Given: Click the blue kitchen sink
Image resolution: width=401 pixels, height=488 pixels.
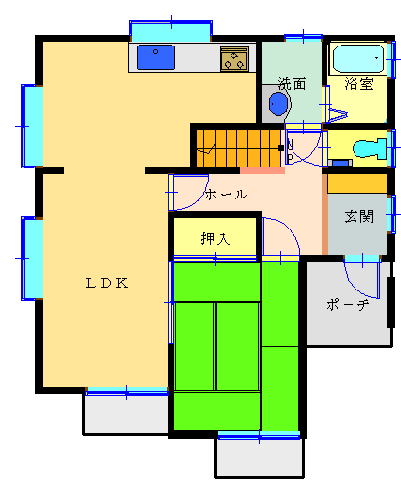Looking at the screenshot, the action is point(156,57).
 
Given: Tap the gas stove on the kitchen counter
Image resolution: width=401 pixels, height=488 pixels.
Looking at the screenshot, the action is point(234,59).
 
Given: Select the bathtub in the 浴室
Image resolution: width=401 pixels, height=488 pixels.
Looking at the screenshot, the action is point(358,58).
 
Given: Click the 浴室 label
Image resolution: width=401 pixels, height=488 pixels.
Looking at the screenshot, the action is point(358,84).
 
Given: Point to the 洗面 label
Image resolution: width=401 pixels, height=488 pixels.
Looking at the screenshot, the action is point(292,84).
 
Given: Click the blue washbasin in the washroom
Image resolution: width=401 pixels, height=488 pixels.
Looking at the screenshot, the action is point(278,104).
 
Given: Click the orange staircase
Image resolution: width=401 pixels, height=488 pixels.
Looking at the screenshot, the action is point(238,148).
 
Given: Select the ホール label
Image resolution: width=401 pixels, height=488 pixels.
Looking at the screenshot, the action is point(227,195).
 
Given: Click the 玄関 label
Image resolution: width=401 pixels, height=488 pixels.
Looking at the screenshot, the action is point(359,216).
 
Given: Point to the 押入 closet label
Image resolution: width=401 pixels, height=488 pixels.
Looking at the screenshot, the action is point(215,239).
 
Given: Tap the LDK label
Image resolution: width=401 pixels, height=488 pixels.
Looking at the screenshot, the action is point(107,283).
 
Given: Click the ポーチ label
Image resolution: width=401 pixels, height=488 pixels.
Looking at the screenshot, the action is point(348,305).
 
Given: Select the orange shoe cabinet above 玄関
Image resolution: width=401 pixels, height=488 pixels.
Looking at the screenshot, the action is point(357,184).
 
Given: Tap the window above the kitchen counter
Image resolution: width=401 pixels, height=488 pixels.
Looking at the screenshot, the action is point(170,31).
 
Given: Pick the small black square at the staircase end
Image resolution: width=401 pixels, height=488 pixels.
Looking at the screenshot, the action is point(281,148).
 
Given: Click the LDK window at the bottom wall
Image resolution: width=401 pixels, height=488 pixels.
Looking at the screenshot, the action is point(127,392).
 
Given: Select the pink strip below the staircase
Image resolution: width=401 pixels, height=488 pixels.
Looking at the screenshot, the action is point(262,170).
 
